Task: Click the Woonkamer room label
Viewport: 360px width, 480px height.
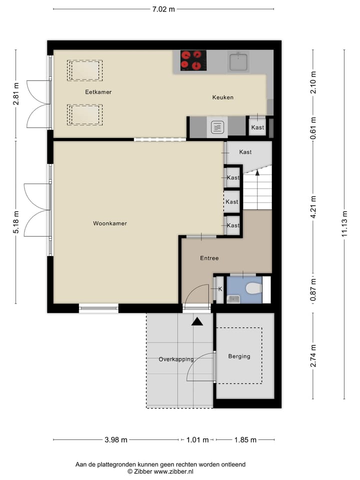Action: click(110, 223)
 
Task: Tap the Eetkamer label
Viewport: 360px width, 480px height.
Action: click(98, 92)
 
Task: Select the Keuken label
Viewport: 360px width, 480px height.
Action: click(222, 97)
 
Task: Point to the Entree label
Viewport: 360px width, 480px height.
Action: click(209, 258)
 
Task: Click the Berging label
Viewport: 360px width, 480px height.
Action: click(239, 356)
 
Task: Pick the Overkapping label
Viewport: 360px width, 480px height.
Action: click(176, 359)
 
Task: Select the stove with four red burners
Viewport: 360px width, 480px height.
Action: click(193, 60)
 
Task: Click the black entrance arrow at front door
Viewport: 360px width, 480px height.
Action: click(197, 321)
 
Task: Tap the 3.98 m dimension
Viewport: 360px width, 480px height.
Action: click(116, 440)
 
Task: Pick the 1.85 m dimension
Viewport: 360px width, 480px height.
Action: click(245, 440)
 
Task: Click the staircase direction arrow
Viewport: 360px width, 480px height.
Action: click(257, 173)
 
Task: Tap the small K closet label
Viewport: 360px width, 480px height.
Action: click(220, 288)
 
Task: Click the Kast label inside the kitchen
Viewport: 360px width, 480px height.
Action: click(257, 127)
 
